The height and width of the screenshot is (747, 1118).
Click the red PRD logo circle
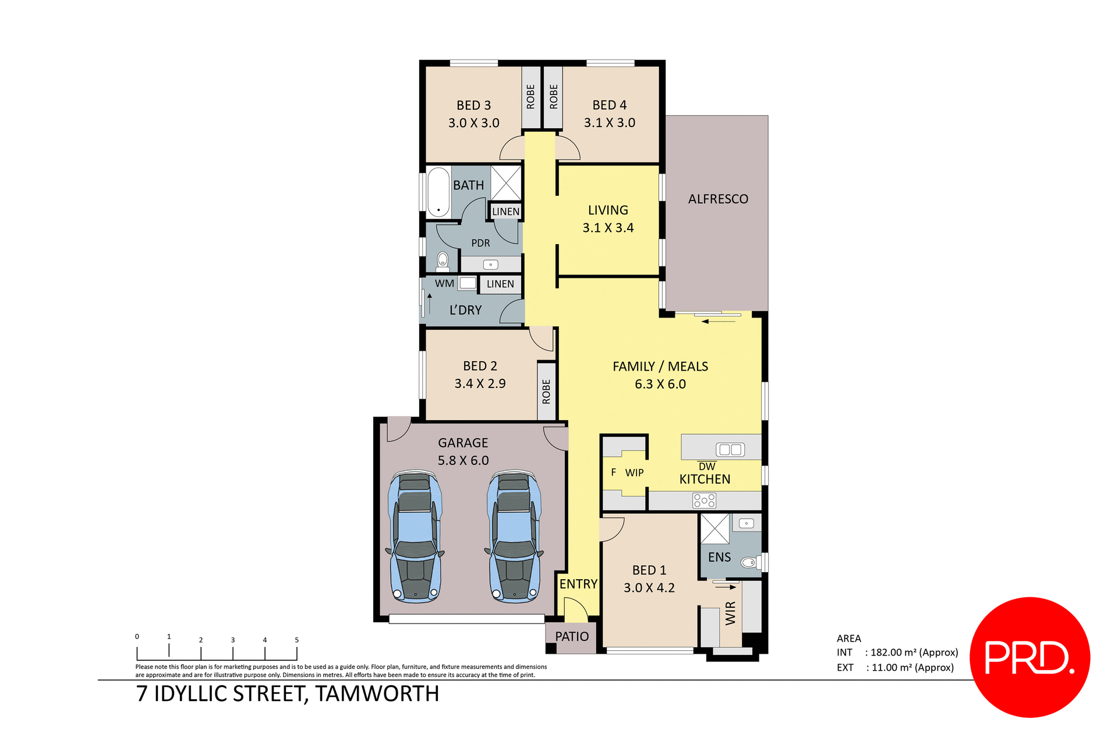(1029, 657)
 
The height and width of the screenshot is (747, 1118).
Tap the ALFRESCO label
(718, 199)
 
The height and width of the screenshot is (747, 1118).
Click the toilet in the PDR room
(443, 260)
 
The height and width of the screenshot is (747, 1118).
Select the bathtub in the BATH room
(438, 192)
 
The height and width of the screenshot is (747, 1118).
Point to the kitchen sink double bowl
(730, 449)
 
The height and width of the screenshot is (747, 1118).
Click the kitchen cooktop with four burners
(704, 501)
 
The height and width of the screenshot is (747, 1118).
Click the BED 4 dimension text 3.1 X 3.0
(609, 123)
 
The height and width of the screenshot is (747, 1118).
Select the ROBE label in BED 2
(546, 392)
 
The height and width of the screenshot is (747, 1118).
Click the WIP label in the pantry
(634, 473)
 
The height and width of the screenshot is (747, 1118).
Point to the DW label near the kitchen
(706, 467)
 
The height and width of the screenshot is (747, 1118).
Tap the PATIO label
(572, 637)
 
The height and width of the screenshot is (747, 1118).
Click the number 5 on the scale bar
(296, 640)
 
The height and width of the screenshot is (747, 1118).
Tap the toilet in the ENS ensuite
(748, 562)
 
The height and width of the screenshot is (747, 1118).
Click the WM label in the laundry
(444, 284)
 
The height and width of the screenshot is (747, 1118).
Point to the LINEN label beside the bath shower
(505, 212)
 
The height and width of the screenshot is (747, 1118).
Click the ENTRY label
(578, 584)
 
